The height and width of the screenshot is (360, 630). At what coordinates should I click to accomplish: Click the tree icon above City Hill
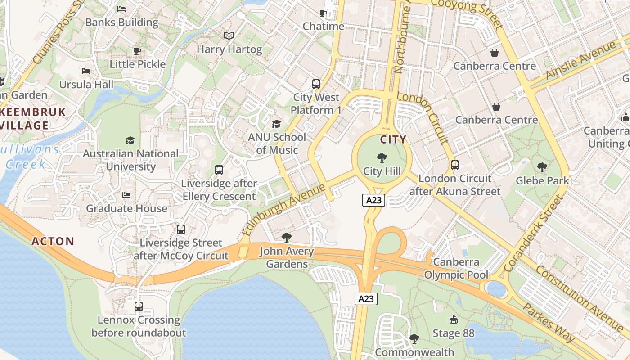382,157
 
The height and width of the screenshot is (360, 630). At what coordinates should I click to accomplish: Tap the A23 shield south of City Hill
373,200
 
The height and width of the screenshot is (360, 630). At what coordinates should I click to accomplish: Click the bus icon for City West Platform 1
316,84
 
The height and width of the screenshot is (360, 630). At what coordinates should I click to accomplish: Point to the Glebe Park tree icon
542,167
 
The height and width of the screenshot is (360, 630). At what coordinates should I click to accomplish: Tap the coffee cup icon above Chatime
323,13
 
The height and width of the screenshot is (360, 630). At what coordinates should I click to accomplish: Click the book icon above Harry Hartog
229,36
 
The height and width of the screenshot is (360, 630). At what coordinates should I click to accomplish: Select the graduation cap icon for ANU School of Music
276,123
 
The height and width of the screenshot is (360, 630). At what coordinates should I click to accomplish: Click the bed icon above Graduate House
126,195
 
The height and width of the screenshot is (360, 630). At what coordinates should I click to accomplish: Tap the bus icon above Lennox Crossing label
139,306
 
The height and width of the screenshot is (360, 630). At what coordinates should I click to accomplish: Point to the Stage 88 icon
454,320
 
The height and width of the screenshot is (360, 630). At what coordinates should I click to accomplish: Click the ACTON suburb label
53,242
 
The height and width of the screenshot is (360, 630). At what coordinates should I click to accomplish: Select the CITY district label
393,139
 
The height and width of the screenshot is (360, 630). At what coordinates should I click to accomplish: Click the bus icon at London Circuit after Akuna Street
455,165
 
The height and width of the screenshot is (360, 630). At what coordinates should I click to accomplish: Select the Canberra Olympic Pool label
456,268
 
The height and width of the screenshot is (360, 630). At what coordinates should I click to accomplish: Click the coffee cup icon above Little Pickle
137,51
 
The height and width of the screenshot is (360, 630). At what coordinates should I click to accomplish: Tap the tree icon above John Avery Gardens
286,238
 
